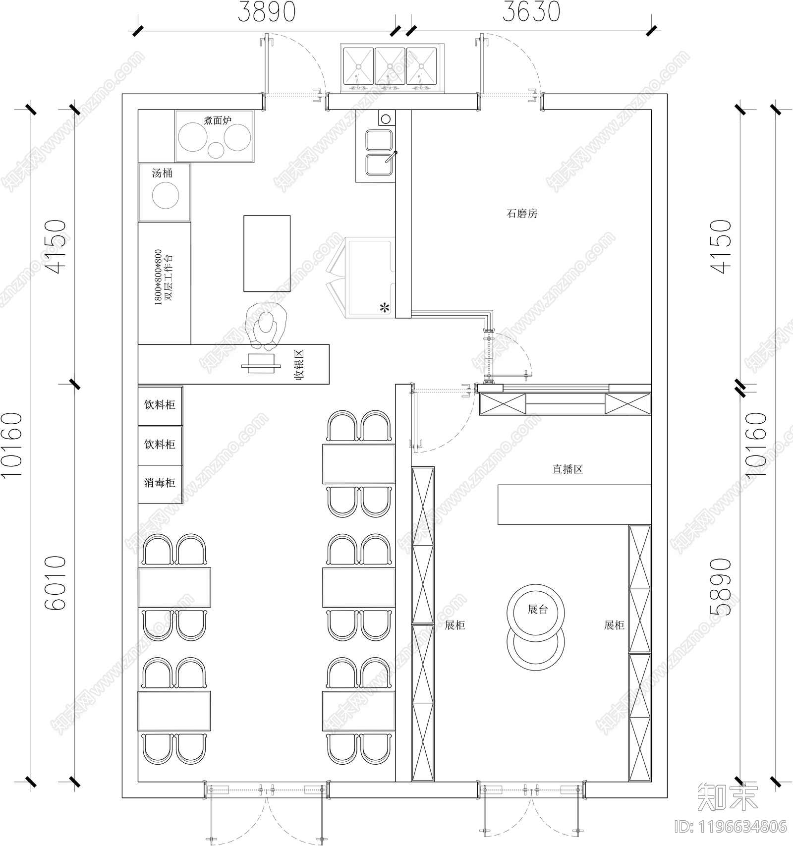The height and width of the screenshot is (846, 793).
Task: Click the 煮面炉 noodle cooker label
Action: tap(218, 120)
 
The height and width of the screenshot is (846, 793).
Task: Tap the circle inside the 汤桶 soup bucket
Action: tap(165, 196)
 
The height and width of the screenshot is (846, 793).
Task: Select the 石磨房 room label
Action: tap(521, 214)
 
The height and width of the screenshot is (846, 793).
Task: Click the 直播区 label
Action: tap(567, 469)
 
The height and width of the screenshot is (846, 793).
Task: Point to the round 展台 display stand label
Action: tap(537, 609)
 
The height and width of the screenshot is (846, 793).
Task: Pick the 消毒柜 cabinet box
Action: tap(160, 483)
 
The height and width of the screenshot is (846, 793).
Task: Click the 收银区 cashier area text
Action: tap(299, 365)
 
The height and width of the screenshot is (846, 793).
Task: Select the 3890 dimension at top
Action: tap(266, 12)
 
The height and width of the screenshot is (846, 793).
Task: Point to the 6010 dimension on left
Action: tap(55, 582)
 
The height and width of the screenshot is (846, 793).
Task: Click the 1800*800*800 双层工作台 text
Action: tap(164, 278)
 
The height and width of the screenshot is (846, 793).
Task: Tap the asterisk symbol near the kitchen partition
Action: tap(385, 308)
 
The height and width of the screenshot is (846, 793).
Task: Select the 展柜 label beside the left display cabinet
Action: tap(454, 625)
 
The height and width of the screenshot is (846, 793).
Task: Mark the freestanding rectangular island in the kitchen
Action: tap(267, 253)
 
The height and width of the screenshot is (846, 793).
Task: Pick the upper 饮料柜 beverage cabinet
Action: tap(160, 405)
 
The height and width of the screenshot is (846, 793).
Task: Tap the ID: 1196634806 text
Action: tap(731, 827)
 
